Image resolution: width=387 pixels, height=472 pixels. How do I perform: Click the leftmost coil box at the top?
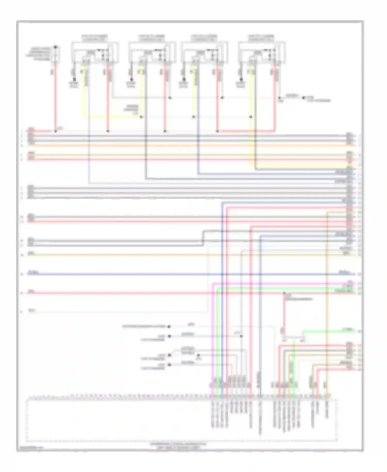(95, 52)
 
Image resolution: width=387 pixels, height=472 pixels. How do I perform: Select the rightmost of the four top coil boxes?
(262, 52)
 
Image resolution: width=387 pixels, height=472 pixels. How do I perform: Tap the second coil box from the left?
(152, 52)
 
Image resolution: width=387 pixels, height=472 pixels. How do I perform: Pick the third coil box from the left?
(205, 52)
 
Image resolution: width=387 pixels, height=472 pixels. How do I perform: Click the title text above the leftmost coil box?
(95, 38)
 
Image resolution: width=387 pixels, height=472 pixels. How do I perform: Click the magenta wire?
(284, 284)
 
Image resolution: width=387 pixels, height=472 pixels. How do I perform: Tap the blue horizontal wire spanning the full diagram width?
(181, 274)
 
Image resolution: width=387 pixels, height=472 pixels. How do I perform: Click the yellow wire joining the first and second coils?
(111, 117)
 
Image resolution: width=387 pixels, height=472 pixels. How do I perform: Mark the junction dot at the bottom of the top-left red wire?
(55, 131)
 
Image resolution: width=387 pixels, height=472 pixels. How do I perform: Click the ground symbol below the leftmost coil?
(75, 80)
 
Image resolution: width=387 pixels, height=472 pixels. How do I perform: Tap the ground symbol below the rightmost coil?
(241, 80)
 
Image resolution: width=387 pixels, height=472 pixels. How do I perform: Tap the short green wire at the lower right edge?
(328, 331)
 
